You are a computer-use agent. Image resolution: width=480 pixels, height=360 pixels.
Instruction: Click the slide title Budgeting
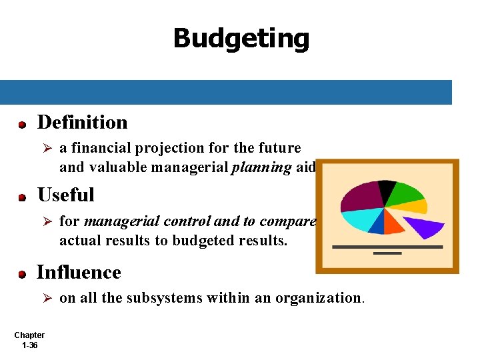241,39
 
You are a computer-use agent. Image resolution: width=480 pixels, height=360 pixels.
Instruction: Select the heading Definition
82,123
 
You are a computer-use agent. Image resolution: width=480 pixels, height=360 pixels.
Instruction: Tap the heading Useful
65,195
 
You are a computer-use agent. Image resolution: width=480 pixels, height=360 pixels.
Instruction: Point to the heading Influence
79,273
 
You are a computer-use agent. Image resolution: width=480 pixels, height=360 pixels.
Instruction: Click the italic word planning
261,168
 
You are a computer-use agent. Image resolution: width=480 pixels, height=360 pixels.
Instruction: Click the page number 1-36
29,346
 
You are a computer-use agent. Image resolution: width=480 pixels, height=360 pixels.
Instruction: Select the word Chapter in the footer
29,335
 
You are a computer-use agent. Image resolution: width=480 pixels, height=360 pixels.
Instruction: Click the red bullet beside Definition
22,125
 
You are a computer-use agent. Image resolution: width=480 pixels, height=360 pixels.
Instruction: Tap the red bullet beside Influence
22,275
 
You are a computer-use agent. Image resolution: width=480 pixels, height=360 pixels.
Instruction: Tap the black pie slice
385,191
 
